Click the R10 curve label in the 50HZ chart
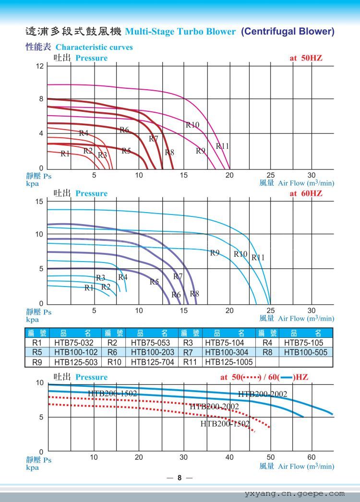click(x=192, y=125)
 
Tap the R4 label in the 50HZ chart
click(x=84, y=133)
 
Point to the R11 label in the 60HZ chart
click(x=258, y=258)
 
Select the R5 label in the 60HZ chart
click(x=154, y=282)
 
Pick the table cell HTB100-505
click(x=305, y=352)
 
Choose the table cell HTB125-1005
click(x=228, y=362)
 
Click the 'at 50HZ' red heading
click(x=305, y=58)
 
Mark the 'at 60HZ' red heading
click(x=305, y=193)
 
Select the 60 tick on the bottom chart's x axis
click(x=312, y=457)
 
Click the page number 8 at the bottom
click(x=180, y=478)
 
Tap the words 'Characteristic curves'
click(x=94, y=47)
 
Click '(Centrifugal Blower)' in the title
click(x=288, y=32)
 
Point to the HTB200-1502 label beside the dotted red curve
click(x=225, y=423)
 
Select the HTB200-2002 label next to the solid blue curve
click(x=263, y=394)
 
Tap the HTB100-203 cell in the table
click(x=152, y=352)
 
